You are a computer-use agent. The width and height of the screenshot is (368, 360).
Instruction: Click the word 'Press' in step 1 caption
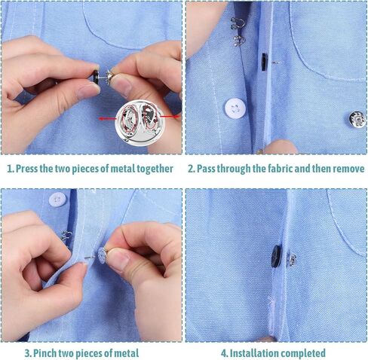coord(26,169)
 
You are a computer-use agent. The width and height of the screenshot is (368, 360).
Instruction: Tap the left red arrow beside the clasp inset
coord(108,118)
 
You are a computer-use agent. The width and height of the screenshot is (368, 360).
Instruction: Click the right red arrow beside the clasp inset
coord(170,116)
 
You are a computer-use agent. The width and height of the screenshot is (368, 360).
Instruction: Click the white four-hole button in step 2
coord(235,108)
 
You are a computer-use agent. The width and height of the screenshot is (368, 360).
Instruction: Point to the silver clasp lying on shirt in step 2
coord(357,120)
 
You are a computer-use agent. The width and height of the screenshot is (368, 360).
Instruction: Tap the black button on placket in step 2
coord(264,62)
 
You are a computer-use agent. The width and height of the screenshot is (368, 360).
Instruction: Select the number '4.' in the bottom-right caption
coord(225,353)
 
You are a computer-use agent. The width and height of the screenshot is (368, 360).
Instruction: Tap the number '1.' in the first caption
coord(11,169)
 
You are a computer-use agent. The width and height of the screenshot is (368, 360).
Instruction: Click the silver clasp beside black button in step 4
coord(292,260)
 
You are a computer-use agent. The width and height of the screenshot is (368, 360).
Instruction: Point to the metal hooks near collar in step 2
coord(237,32)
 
